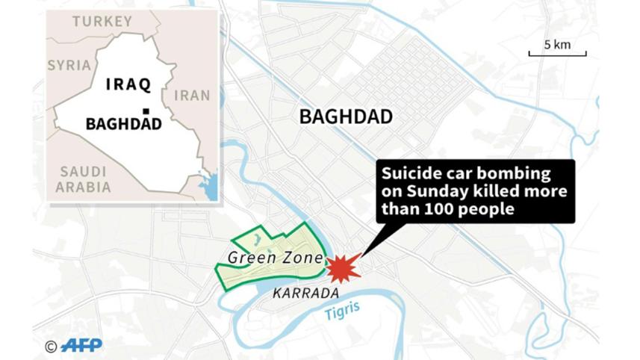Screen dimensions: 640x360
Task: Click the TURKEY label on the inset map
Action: click(102, 22)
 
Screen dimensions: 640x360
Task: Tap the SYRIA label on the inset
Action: click(69, 65)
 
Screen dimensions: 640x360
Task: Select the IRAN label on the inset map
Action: click(191, 96)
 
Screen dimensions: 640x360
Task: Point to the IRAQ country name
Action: click(128, 84)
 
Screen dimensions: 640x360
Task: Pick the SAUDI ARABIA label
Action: click(84, 179)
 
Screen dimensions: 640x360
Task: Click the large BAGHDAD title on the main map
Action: click(346, 117)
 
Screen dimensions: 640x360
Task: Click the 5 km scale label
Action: click(557, 45)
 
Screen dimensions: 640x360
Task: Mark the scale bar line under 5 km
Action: click(557, 55)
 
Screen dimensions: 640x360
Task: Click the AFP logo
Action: click(81, 346)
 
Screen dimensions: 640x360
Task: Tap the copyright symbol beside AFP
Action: click(51, 346)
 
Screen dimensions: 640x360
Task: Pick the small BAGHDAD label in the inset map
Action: click(123, 124)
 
